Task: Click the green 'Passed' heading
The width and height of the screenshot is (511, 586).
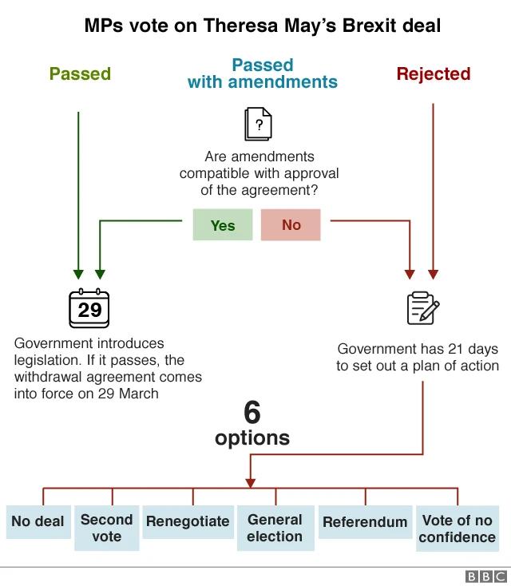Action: (80, 74)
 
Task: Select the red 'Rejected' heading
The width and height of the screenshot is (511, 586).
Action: (434, 74)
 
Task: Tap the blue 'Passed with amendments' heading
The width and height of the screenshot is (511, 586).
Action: (263, 73)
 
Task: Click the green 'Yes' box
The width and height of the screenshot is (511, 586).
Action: (223, 225)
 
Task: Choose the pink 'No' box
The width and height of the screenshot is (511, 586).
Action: (291, 225)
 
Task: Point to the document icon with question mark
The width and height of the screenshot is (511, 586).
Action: (258, 124)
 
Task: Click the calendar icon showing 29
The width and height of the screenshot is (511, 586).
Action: (89, 308)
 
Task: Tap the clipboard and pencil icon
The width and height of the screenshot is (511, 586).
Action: (422, 308)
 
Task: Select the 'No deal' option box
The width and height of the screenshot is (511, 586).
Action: (38, 521)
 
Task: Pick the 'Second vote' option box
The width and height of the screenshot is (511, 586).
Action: (107, 528)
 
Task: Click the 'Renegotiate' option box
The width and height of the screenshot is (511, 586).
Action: (188, 521)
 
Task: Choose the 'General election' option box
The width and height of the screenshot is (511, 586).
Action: (275, 528)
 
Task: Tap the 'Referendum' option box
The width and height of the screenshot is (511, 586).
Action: (365, 522)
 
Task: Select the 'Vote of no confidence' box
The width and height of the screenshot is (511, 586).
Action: (458, 529)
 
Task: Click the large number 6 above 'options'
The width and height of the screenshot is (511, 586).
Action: (252, 413)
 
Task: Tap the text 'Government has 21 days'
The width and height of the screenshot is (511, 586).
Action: (418, 349)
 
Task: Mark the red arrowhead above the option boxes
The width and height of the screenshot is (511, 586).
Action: (251, 482)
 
